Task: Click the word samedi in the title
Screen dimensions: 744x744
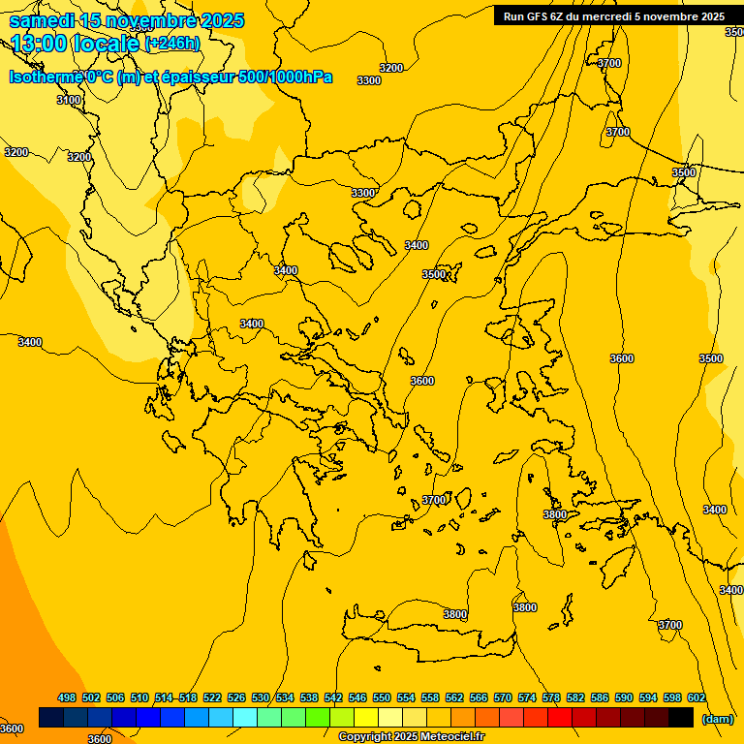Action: [x=42, y=20]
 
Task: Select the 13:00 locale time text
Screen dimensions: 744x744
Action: [x=77, y=44]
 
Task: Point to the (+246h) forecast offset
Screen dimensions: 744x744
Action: [x=172, y=44]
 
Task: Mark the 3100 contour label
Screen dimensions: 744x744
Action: [x=69, y=100]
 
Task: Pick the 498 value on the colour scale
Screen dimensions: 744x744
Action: [x=67, y=698]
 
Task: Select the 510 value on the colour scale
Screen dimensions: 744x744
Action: [x=139, y=698]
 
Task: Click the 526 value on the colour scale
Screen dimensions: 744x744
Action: [x=236, y=698]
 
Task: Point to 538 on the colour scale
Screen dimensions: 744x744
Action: [x=309, y=698]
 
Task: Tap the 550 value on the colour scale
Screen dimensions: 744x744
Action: [x=382, y=698]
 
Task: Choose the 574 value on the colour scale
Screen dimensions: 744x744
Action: [x=527, y=698]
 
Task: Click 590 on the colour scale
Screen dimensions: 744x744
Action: [x=624, y=698]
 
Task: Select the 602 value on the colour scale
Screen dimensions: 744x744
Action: [x=697, y=698]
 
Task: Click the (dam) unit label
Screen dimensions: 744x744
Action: [x=717, y=719]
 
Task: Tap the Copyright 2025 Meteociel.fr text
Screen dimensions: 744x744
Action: [x=412, y=737]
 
